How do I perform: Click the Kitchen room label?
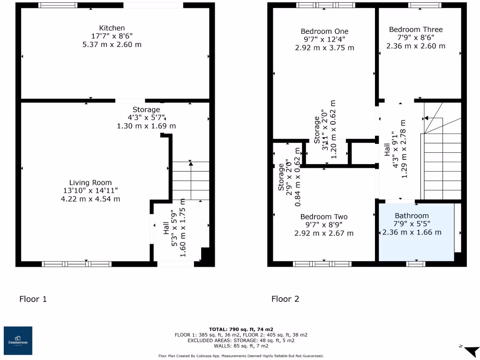tap(112, 28)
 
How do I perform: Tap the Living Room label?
tap(90, 183)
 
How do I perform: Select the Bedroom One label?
tap(324, 31)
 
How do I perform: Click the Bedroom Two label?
tap(324, 217)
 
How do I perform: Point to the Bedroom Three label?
tap(415, 30)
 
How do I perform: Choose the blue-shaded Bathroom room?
tap(416, 232)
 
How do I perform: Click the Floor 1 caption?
tap(33, 299)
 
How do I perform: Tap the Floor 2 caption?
tap(285, 299)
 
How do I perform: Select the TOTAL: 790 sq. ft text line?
tap(241, 330)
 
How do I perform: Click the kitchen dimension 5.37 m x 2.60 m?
tap(112, 45)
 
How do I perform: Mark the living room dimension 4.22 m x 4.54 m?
tap(90, 199)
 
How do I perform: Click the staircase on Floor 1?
tap(190, 180)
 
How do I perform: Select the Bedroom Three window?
tap(424, 5)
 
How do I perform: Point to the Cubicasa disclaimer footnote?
tap(241, 356)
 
